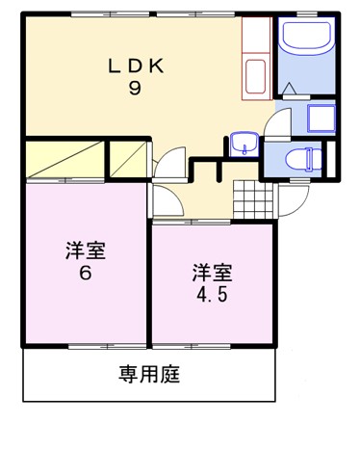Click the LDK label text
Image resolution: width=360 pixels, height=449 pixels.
136,66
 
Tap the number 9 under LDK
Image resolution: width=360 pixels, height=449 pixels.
135,88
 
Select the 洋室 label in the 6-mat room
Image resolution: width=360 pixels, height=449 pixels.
86,251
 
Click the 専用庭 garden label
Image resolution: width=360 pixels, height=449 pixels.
149,374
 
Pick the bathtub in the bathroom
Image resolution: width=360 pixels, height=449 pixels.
306,36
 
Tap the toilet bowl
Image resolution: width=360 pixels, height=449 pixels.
303,159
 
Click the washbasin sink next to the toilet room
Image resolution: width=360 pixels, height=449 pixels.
244,145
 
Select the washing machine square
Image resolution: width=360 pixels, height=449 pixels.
321,119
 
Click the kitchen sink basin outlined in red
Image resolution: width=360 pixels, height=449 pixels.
256,76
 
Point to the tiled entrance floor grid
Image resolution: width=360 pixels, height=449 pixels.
253,199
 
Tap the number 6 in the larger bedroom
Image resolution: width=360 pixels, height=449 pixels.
86,274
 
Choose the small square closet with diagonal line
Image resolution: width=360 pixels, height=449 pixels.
128,159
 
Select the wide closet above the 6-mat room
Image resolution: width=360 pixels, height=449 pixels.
64,159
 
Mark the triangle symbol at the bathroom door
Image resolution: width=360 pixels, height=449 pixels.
290,88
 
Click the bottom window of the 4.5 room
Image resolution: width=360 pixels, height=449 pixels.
192,347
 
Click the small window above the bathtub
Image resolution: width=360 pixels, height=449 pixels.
307,14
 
